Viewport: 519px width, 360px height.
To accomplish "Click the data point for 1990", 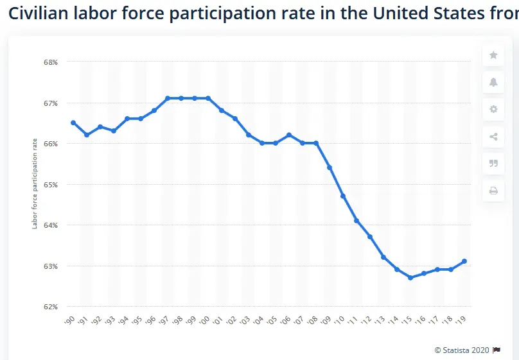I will tap(73, 123).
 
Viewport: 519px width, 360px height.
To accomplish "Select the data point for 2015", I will tap(410, 278).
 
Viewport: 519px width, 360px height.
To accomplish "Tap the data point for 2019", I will tap(464, 261).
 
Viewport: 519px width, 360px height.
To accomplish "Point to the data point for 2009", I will tap(330, 167).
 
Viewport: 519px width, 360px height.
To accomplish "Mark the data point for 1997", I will tap(168, 98).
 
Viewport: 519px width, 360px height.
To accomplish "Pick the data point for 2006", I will tap(289, 135).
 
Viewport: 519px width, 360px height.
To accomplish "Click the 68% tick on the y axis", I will tap(51, 62).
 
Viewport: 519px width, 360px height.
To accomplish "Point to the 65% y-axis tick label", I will tap(51, 184).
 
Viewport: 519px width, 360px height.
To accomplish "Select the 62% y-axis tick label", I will tap(51, 307).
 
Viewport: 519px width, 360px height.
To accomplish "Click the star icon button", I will tap(493, 55).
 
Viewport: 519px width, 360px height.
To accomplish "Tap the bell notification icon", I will tap(493, 81).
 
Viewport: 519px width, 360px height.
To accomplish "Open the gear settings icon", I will tap(493, 109).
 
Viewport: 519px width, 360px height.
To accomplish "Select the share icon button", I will tap(493, 136).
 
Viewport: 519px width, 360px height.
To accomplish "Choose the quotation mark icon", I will tap(493, 163).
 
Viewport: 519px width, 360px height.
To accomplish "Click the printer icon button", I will tap(493, 190).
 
